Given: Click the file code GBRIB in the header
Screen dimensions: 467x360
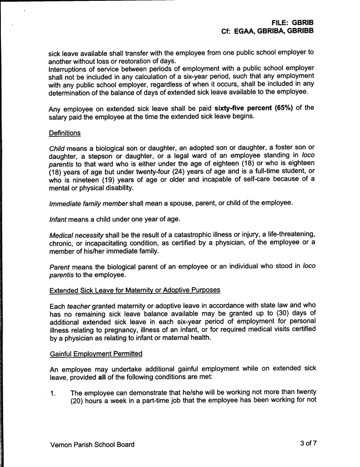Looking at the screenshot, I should click(302, 22).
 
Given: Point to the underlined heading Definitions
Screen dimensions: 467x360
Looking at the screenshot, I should click(65, 132).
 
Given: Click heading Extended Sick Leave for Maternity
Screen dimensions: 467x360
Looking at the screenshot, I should click(134, 290).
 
